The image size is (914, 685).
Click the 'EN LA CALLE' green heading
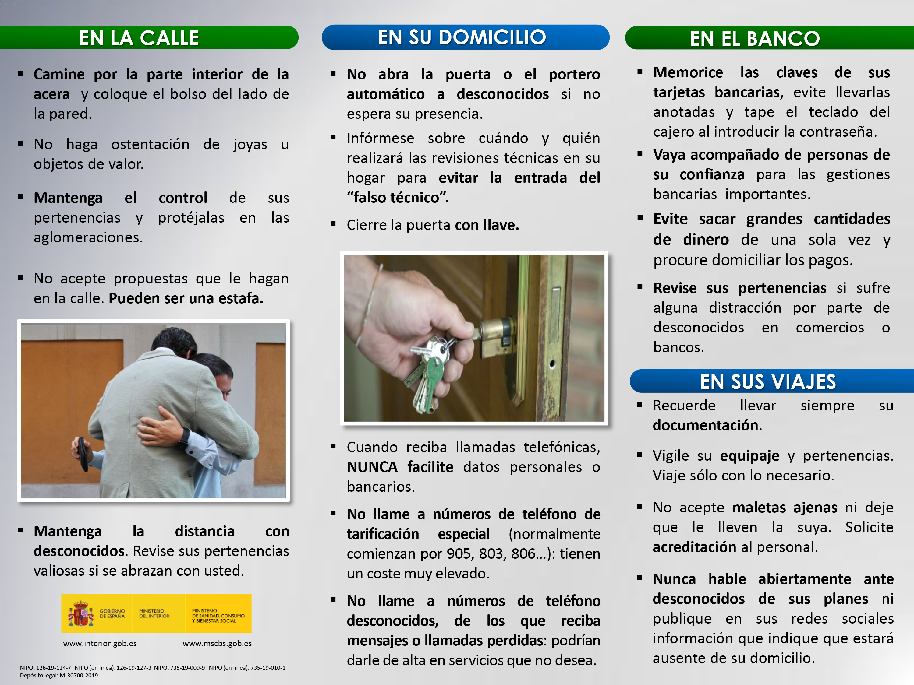(x=139, y=38)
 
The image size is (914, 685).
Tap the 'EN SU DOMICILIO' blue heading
(x=462, y=37)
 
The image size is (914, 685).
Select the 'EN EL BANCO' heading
(x=754, y=38)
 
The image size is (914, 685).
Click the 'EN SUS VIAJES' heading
(x=768, y=381)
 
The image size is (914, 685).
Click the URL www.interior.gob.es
(x=100, y=643)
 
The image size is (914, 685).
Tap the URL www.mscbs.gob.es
(x=217, y=643)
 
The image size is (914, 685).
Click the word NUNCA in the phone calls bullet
(x=372, y=467)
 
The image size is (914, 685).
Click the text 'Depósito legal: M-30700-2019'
(x=59, y=676)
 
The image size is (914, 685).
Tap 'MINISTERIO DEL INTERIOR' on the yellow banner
(x=154, y=613)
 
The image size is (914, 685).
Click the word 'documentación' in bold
(x=706, y=425)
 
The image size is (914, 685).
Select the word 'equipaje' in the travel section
(x=749, y=456)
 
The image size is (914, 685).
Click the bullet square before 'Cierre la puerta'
(x=333, y=224)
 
